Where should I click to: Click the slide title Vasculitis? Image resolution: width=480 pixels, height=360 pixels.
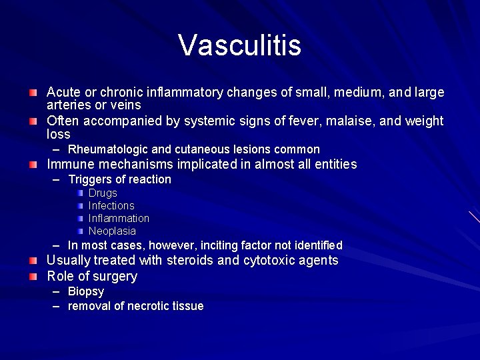click(x=239, y=46)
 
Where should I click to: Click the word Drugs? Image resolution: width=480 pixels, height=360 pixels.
click(x=103, y=193)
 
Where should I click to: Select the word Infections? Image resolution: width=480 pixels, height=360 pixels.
click(x=111, y=206)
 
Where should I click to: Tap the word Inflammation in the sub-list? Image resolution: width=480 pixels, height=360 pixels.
click(x=119, y=219)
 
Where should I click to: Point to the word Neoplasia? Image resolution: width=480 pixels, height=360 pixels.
click(x=112, y=231)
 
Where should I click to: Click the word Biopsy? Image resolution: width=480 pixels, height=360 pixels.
click(x=86, y=292)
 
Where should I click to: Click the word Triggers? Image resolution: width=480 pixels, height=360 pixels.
click(x=89, y=179)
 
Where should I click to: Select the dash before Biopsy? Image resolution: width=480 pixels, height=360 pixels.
click(x=55, y=292)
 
